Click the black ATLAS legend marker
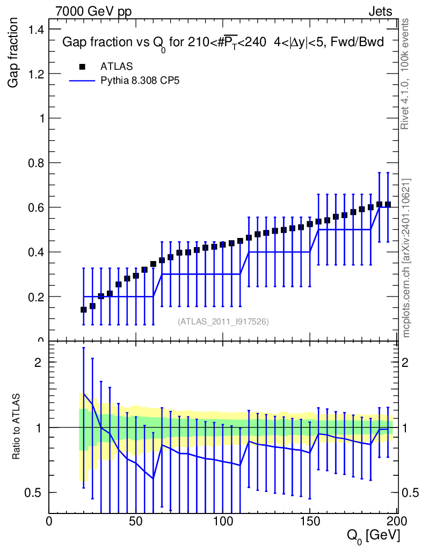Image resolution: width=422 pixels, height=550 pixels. click(82, 67)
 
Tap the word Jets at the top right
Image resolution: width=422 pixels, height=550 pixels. click(380, 11)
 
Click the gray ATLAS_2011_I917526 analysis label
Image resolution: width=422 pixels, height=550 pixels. click(223, 321)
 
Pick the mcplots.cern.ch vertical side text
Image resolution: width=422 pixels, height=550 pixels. click(406, 258)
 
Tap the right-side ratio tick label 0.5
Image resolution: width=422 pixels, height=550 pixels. click(410, 493)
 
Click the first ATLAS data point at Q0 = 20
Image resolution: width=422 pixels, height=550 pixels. click(83, 309)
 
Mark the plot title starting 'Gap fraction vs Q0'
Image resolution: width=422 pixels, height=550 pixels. click(223, 43)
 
